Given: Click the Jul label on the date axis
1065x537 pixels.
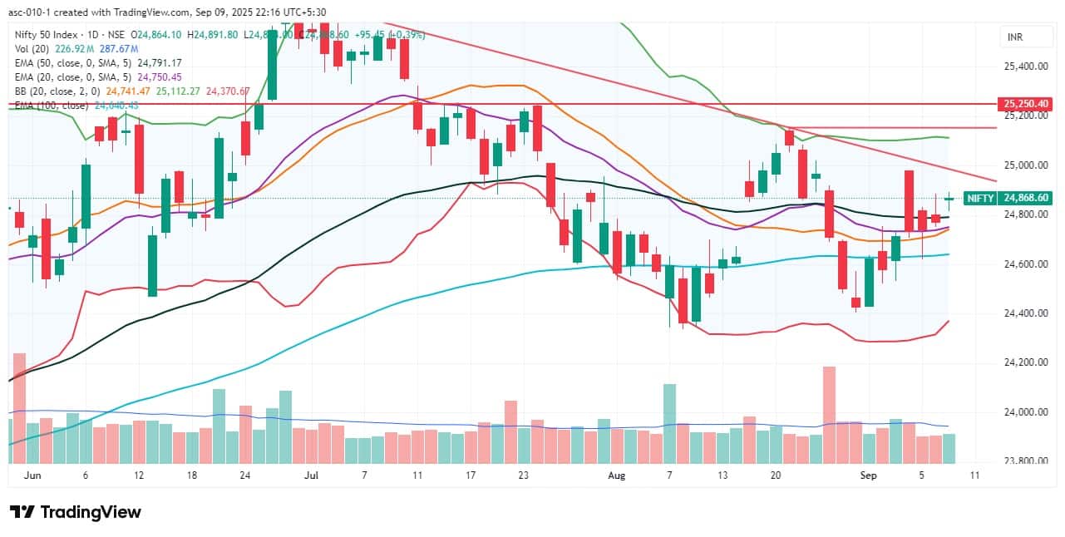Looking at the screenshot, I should [x=312, y=475].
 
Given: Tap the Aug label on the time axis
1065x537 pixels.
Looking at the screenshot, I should [x=616, y=475].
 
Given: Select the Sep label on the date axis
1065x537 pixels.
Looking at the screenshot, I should [x=868, y=475].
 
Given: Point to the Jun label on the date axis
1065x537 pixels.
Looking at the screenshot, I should [x=33, y=475].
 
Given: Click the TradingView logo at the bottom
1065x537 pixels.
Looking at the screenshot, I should [x=76, y=512].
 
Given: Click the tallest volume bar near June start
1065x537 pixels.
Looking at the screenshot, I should [x=19, y=407].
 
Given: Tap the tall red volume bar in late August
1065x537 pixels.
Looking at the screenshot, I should [x=828, y=414].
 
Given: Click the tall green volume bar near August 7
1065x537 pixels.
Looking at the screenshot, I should [x=669, y=422].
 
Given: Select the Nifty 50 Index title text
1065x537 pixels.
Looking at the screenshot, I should [x=46, y=35].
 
